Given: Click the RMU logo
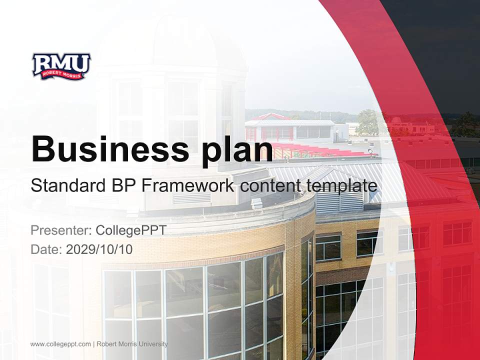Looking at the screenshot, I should click(61, 66).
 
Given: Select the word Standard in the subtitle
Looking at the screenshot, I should click(66, 186).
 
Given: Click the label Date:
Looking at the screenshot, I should click(46, 249).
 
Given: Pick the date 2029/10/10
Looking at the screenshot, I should click(99, 249).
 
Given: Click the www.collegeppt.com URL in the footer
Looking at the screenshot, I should click(60, 344).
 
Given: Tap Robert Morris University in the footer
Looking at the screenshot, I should click(132, 344).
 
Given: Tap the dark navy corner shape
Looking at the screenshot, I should click(440, 50).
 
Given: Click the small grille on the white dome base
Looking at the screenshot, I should click(189, 199).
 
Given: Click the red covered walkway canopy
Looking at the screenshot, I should click(320, 150).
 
